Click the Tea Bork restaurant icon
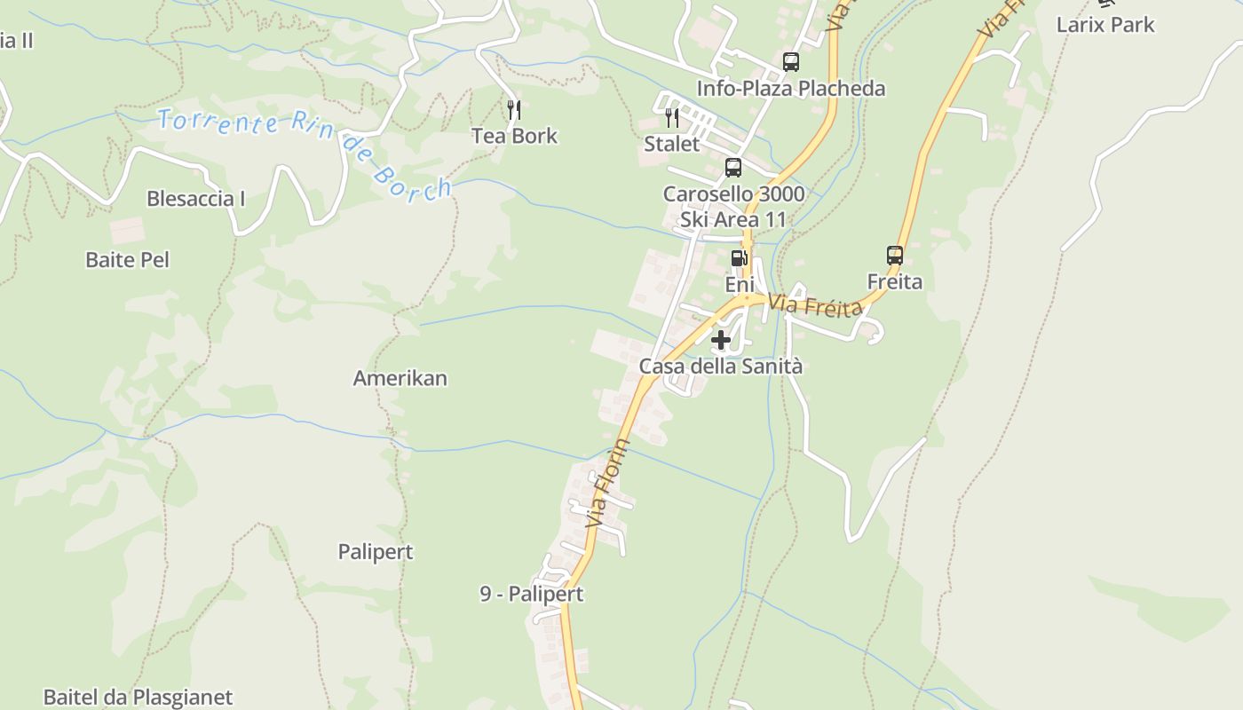coord(514,110)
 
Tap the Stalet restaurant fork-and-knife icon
coord(672,118)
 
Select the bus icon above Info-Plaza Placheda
coord(790,62)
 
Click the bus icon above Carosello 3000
coord(733,168)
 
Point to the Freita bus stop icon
coord(895,256)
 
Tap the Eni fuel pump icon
coord(739,258)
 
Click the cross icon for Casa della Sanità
coord(721,339)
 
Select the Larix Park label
coord(1105,25)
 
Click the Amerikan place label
coord(400,378)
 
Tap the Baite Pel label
coord(127,260)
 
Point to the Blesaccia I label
coord(195,199)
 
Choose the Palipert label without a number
coord(376,552)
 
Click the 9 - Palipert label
coord(532,594)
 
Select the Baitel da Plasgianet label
coord(138,698)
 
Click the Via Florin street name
coord(608,484)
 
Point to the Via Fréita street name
coord(815,306)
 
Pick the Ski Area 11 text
coord(733,219)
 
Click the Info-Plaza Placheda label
coord(790,89)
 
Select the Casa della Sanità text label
coord(721,366)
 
